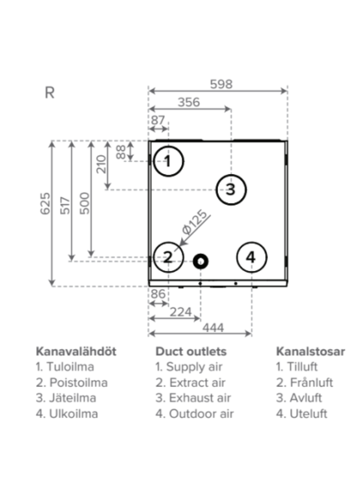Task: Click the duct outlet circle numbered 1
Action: pyautogui.click(x=154, y=161)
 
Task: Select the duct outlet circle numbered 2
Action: pyautogui.click(x=154, y=257)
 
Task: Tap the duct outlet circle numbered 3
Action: pyautogui.click(x=217, y=189)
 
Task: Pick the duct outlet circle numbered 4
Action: pyautogui.click(x=237, y=257)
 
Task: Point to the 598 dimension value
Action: pyautogui.click(x=221, y=84)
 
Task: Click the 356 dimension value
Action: pyautogui.click(x=189, y=102)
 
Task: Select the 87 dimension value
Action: pyautogui.click(x=158, y=120)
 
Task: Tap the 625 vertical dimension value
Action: pyautogui.click(x=45, y=204)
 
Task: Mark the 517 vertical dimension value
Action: pyautogui.click(x=65, y=205)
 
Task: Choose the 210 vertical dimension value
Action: pyautogui.click(x=101, y=164)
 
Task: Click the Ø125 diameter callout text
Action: pyautogui.click(x=195, y=223)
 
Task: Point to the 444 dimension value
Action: pyautogui.click(x=213, y=327)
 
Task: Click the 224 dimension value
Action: pyautogui.click(x=181, y=312)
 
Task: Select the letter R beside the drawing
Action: pyautogui.click(x=50, y=93)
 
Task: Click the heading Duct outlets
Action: pyautogui.click(x=191, y=352)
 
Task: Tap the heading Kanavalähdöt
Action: pyautogui.click(x=76, y=352)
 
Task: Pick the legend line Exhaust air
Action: pyautogui.click(x=193, y=398)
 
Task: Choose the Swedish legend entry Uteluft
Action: pyautogui.click(x=302, y=414)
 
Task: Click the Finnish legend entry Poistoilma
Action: pyautogui.click(x=72, y=383)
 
